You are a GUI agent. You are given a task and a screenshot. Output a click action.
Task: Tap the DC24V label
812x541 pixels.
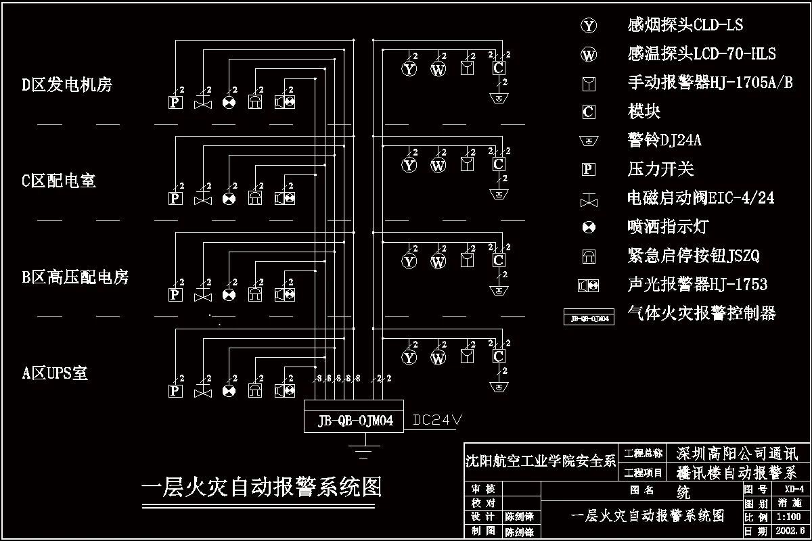pyautogui.click(x=436, y=421)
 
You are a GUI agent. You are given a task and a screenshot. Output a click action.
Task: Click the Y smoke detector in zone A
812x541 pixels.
pyautogui.click(x=409, y=357)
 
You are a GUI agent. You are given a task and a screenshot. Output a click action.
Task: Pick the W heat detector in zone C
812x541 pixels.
pyautogui.click(x=438, y=165)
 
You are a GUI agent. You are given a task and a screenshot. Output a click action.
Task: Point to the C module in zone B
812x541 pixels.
pyautogui.click(x=498, y=260)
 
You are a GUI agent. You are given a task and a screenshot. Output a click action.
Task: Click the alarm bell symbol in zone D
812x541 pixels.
pyautogui.click(x=499, y=99)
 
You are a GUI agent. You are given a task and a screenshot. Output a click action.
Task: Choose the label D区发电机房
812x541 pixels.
pyautogui.click(x=66, y=85)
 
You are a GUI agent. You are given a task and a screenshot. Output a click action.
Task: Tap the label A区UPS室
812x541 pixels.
pyautogui.click(x=55, y=373)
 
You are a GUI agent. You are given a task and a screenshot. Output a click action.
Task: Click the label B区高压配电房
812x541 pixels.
pyautogui.click(x=74, y=277)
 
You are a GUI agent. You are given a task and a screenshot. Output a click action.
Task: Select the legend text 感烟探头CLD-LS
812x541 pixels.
pyautogui.click(x=685, y=25)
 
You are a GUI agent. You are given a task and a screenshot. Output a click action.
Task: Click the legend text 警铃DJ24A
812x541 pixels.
pyautogui.click(x=664, y=140)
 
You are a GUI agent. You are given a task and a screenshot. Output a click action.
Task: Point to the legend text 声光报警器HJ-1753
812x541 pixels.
pyautogui.click(x=697, y=285)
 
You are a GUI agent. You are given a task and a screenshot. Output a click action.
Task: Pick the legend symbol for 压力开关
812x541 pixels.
pyautogui.click(x=589, y=169)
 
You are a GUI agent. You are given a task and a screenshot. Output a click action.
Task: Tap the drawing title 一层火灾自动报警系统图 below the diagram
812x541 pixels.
pyautogui.click(x=261, y=487)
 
